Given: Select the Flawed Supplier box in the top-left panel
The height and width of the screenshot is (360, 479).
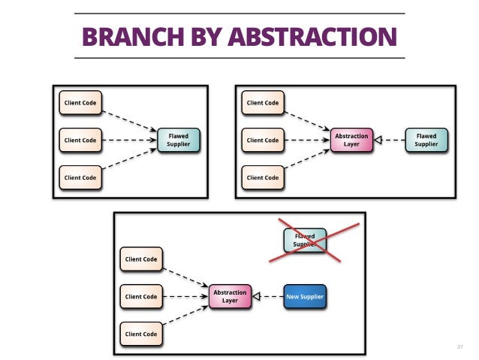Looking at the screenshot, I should point(179,140).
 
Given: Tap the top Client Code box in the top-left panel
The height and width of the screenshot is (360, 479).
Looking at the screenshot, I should point(80,102).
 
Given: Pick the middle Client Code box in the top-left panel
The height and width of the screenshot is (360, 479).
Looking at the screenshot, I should point(80,140).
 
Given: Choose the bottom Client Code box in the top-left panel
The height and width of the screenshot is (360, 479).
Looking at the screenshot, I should point(80,177).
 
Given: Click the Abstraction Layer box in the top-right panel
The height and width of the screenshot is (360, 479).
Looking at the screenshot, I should point(351,140).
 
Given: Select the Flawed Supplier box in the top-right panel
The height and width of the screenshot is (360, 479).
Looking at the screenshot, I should point(426,140).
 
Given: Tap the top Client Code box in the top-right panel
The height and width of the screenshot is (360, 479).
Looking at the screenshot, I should point(263,102).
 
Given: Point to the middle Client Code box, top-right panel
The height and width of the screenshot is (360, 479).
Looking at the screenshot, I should point(263,140).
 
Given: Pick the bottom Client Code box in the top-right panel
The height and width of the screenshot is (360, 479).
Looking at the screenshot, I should point(263,177).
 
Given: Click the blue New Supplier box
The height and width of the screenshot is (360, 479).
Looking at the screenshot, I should point(305,296).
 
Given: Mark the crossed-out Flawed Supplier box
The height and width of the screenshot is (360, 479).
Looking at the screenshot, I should point(305,240).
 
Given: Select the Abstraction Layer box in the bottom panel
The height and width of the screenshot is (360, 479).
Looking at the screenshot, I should point(230,296).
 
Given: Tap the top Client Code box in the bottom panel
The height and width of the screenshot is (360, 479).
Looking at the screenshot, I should point(141,259).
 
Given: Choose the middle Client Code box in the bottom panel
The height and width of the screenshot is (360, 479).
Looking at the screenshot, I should point(141,296).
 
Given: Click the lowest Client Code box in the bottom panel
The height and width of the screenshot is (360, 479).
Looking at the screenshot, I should point(141,334).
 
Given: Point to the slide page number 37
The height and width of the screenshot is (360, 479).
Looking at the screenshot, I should point(459,346).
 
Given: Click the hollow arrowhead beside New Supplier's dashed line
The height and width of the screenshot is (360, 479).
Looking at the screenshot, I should point(256,296).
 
